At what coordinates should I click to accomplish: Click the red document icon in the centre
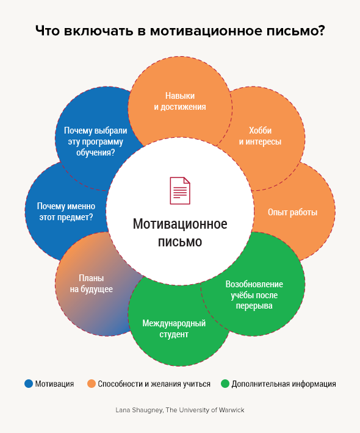(180, 190)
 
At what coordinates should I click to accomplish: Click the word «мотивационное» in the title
(206, 30)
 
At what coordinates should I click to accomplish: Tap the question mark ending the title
(321, 30)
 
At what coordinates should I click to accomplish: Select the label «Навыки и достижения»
(180, 101)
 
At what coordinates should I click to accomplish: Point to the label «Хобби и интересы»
(260, 136)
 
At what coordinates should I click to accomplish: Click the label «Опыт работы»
(292, 212)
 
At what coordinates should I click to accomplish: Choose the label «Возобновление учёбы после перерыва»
(254, 295)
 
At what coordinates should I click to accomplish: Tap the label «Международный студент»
(174, 329)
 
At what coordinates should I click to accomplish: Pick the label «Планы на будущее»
(91, 284)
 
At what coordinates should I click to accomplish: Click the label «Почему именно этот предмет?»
(66, 212)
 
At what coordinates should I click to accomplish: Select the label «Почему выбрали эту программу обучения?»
(96, 141)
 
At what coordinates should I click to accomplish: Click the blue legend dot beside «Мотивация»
(29, 384)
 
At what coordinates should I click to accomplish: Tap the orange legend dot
(91, 384)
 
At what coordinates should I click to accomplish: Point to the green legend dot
(225, 384)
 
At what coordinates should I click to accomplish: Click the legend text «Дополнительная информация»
(284, 384)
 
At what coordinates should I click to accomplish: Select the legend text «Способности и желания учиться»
(154, 384)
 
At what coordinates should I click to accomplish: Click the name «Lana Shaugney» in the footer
(139, 410)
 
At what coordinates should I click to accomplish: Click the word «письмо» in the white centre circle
(180, 242)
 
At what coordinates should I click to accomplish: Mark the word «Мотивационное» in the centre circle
(180, 224)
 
